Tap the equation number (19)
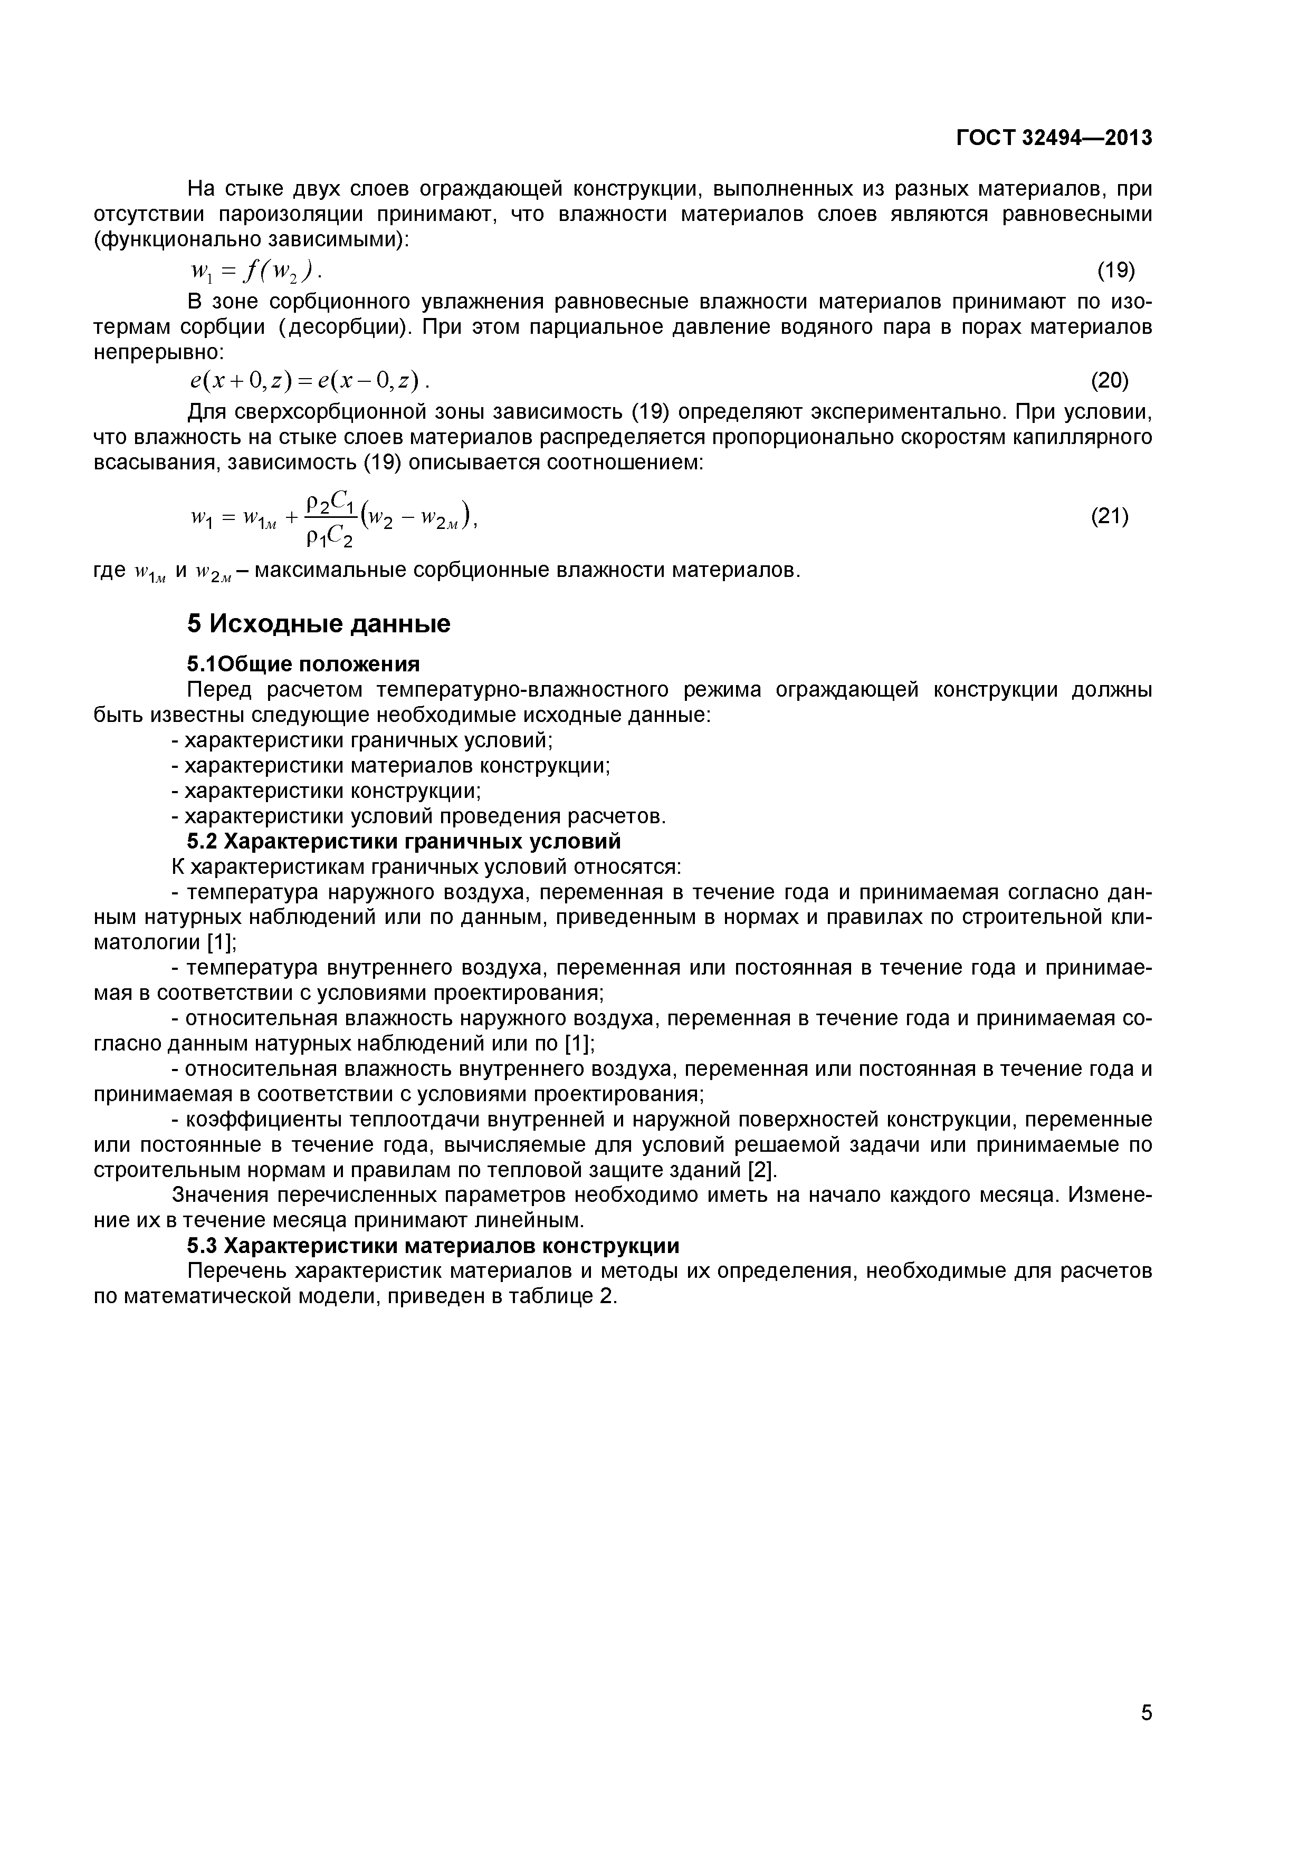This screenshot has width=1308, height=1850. tap(1116, 270)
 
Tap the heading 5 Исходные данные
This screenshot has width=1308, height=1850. tap(318, 624)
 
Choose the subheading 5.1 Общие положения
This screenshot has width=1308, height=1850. tap(304, 664)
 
